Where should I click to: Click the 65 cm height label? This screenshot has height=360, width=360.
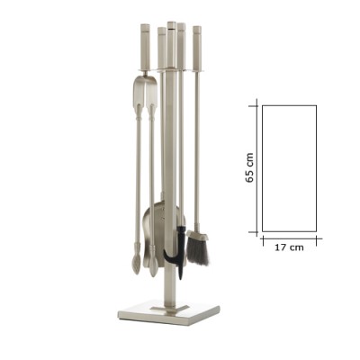[249, 167]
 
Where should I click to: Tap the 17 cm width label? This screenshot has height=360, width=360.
[289, 247]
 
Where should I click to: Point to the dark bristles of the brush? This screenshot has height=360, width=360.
[197, 252]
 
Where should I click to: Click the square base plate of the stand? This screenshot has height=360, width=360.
[168, 314]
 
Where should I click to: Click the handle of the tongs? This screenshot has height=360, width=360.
[146, 47]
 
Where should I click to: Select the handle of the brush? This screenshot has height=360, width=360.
[197, 48]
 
